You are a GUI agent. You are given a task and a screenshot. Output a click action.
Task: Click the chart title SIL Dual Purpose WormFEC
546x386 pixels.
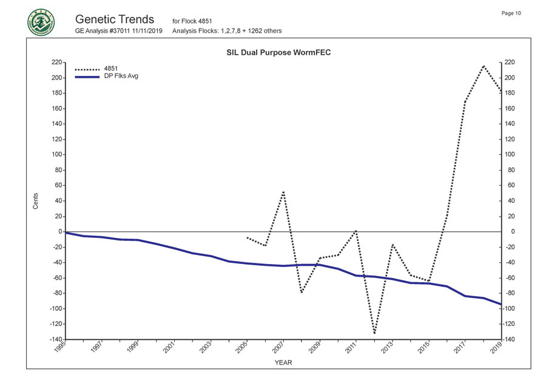point(278,53)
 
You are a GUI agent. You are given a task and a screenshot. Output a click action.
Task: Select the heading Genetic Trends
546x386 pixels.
point(115,19)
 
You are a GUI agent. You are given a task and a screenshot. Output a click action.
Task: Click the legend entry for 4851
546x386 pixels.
point(112,69)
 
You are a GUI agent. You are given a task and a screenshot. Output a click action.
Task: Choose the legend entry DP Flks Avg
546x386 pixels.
point(121,76)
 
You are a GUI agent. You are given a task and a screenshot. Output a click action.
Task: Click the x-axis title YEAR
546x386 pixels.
point(283,362)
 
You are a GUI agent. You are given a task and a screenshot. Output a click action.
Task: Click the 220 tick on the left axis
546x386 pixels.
point(56,63)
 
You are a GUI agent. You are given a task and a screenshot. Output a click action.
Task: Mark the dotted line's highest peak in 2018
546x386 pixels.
point(483,66)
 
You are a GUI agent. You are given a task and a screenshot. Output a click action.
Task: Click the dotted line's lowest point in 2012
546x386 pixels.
point(374,333)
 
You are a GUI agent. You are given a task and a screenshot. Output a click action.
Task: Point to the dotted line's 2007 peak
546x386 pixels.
point(283,192)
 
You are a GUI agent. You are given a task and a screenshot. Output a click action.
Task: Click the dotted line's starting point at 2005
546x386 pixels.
point(247,237)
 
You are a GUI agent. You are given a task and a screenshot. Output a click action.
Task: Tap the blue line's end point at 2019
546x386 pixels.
point(501,304)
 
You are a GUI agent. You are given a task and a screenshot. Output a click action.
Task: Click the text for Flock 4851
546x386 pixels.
point(192,21)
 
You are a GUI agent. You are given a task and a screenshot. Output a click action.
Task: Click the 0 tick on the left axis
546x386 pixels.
point(59,231)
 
